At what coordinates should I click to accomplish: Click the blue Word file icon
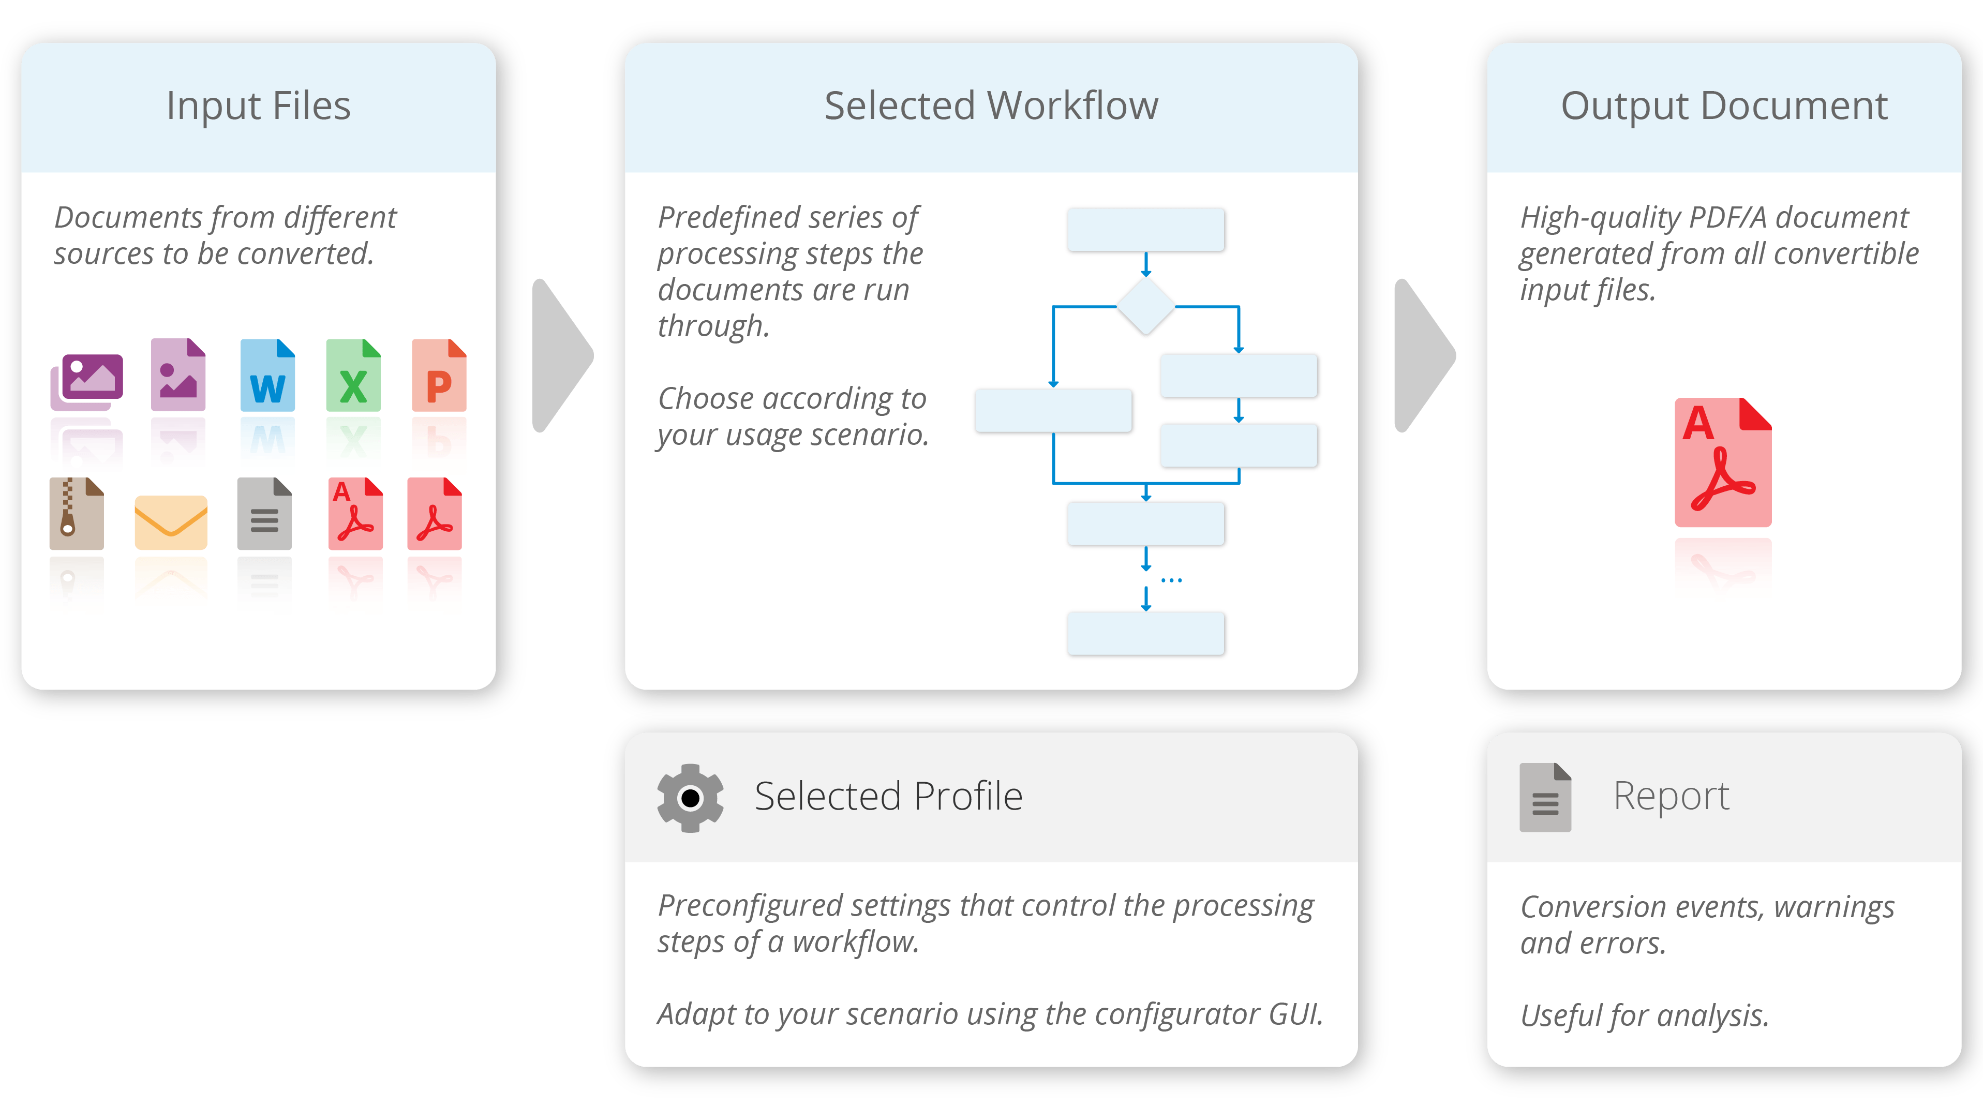point(267,375)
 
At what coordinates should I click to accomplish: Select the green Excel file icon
point(353,375)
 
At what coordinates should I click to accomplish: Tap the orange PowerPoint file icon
point(439,375)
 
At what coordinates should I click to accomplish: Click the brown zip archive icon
point(76,513)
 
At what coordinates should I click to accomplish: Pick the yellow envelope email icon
point(171,522)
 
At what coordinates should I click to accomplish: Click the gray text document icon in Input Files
point(264,513)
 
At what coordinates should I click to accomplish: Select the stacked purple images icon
point(87,380)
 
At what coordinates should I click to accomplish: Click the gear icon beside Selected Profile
point(690,798)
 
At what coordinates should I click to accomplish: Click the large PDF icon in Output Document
point(1723,462)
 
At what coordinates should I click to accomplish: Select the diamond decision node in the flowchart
point(1145,306)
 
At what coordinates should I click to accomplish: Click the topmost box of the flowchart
point(1145,229)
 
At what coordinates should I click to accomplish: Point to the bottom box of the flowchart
point(1145,633)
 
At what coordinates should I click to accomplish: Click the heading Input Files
point(259,106)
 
